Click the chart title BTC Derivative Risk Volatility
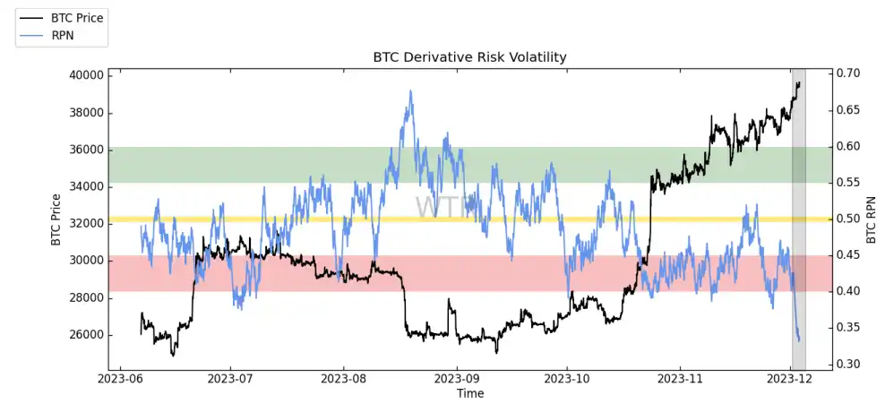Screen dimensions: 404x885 [x=469, y=57]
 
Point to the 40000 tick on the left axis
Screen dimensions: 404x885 [x=85, y=75]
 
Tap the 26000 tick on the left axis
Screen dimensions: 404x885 [x=85, y=335]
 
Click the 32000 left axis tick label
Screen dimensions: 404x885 [x=85, y=224]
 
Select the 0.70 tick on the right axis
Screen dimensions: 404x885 [x=849, y=73]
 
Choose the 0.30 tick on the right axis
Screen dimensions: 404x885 [x=849, y=364]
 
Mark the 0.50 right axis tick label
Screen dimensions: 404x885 [x=849, y=219]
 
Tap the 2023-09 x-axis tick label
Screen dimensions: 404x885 [x=456, y=380]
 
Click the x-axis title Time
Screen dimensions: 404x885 [x=469, y=393]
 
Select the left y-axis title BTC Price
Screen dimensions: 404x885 [x=56, y=219]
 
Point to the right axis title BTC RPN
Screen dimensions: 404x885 [x=871, y=219]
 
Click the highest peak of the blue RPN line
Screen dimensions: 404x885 [x=410, y=90]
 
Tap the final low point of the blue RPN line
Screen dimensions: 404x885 [x=798, y=340]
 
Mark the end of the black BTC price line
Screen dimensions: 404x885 [x=799, y=82]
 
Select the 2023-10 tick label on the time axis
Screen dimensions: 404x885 [x=568, y=380]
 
